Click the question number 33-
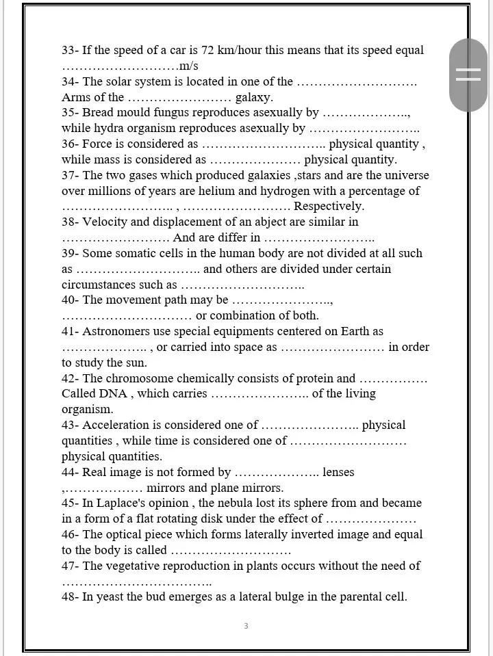71,50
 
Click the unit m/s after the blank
188,66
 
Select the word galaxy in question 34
254,97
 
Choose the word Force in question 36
97,144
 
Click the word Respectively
329,206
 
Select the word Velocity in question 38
105,222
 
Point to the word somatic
140,253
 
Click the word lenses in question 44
338,472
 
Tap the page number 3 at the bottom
246,626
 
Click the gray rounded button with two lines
468,75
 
